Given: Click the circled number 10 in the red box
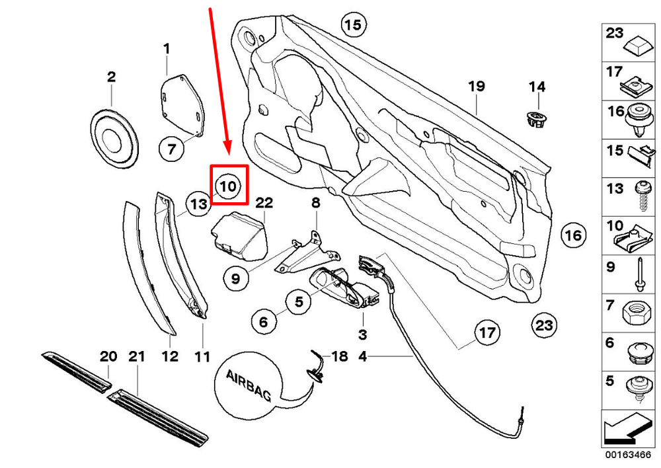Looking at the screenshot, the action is click(228, 186).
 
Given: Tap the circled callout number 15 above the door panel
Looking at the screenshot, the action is click(353, 24).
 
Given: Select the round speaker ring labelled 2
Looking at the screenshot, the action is click(114, 138).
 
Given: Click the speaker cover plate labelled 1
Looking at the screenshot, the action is click(182, 106).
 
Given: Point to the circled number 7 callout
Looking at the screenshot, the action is click(172, 149).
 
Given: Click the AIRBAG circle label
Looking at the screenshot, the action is click(249, 385).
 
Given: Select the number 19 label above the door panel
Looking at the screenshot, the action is click(477, 87).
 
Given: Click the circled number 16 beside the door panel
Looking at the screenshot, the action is click(574, 235).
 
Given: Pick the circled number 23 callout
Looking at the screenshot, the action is click(544, 325).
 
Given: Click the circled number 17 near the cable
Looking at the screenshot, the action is click(487, 332).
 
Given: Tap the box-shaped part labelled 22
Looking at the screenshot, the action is click(239, 236).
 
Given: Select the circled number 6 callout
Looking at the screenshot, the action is click(264, 322).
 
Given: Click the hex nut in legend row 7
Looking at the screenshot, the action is click(638, 314).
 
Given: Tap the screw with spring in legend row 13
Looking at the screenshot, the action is click(642, 196).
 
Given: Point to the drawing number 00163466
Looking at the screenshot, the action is click(628, 455).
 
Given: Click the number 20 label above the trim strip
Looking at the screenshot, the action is click(108, 357).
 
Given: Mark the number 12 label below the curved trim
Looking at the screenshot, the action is click(170, 356).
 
